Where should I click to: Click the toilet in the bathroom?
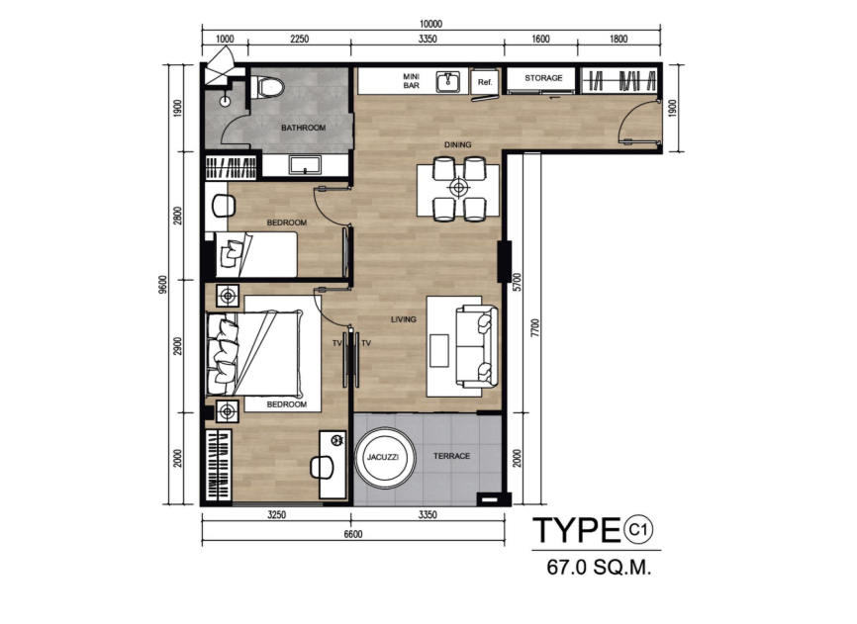tap(267, 87)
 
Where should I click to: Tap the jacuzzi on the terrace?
tap(384, 457)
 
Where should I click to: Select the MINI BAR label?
tap(411, 81)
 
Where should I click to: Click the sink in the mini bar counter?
tap(448, 81)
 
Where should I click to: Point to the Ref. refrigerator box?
tap(485, 82)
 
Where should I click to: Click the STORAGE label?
tap(543, 78)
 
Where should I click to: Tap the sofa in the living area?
tap(477, 346)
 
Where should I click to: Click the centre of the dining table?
tap(458, 189)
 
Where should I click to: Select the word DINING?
tap(457, 144)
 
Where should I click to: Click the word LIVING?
tap(404, 319)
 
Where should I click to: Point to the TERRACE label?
tap(451, 456)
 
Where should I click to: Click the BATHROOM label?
tap(304, 128)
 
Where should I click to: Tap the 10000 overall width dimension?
tap(430, 24)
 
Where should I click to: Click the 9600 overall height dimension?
tap(162, 285)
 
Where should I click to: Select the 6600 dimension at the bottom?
tap(353, 534)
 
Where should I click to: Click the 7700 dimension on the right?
tap(535, 327)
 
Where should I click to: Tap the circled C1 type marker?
tap(638, 529)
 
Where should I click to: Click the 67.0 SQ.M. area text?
tap(599, 568)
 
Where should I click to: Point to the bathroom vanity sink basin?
tap(305, 165)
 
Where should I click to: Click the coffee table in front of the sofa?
tap(438, 351)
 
